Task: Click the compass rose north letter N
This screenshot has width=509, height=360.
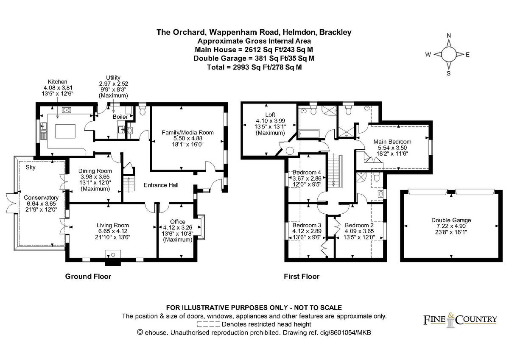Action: pyautogui.click(x=449, y=36)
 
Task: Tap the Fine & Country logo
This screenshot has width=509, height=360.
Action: pyautogui.click(x=460, y=319)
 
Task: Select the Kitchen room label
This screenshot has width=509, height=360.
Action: pyautogui.click(x=58, y=81)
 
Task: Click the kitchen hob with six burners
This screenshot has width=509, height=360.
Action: pyautogui.click(x=67, y=110)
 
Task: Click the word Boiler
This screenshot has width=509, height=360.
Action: pyautogui.click(x=120, y=117)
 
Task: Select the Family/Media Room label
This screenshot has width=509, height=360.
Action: pyautogui.click(x=187, y=133)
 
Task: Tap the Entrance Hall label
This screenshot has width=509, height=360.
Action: pyautogui.click(x=161, y=185)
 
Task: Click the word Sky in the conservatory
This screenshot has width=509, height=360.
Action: pyautogui.click(x=30, y=167)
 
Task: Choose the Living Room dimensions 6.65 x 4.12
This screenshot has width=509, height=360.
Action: pyautogui.click(x=112, y=231)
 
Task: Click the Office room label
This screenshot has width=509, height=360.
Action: pyautogui.click(x=177, y=222)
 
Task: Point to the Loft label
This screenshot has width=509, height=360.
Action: pyautogui.click(x=270, y=114)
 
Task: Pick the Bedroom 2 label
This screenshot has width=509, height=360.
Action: pyautogui.click(x=358, y=225)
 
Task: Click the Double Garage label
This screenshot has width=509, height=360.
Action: pyautogui.click(x=451, y=220)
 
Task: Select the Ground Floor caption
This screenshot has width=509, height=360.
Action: pyautogui.click(x=88, y=276)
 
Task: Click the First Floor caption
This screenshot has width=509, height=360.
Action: pyautogui.click(x=301, y=276)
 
